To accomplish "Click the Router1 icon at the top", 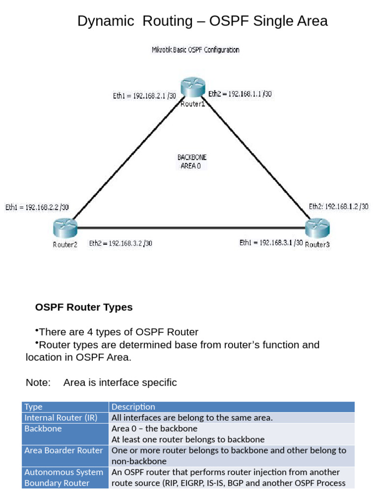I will [x=191, y=89].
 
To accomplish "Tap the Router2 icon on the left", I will [x=64, y=228].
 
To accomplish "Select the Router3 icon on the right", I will [x=317, y=228].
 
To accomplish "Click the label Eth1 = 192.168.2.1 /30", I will [x=144, y=96].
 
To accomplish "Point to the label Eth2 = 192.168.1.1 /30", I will [x=240, y=94].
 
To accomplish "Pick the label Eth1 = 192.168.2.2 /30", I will [x=37, y=207].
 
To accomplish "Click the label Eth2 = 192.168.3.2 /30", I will [x=120, y=243].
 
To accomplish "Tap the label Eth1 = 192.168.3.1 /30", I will [x=271, y=243].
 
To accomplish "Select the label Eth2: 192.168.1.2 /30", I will [x=339, y=207].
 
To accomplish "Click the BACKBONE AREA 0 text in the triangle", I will [x=191, y=162].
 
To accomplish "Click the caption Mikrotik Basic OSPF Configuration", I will [x=195, y=50].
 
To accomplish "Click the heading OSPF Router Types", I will [x=83, y=307].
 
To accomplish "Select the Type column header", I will [x=34, y=407].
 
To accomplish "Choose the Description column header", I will [x=133, y=407].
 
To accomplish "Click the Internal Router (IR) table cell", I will [x=61, y=418].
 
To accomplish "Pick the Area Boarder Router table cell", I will [x=64, y=451].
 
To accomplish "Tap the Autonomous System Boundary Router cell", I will [x=64, y=477].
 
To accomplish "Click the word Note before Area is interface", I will [x=38, y=382].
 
